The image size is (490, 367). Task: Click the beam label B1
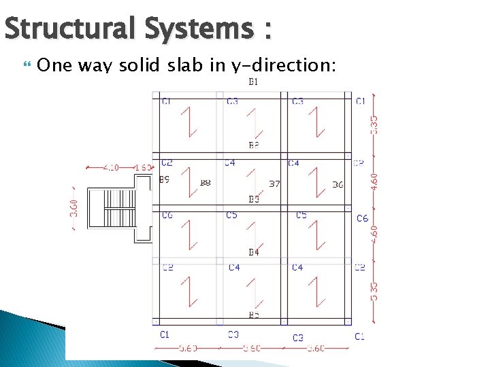(253, 82)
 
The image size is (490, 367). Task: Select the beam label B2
(253, 145)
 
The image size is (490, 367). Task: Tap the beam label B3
(253, 199)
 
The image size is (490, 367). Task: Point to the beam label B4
(253, 253)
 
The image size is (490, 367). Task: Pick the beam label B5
(253, 315)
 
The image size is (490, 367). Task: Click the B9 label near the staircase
(164, 180)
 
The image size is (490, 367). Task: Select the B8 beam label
(205, 183)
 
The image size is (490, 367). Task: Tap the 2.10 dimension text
(111, 167)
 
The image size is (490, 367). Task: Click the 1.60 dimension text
(143, 167)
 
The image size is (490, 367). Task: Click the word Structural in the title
(71, 29)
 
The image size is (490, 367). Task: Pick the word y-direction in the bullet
(285, 66)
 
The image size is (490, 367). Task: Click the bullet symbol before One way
(27, 65)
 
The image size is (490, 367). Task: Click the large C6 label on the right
(362, 218)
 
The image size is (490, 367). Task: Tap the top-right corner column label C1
(360, 101)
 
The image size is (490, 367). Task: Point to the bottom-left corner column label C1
(165, 334)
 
